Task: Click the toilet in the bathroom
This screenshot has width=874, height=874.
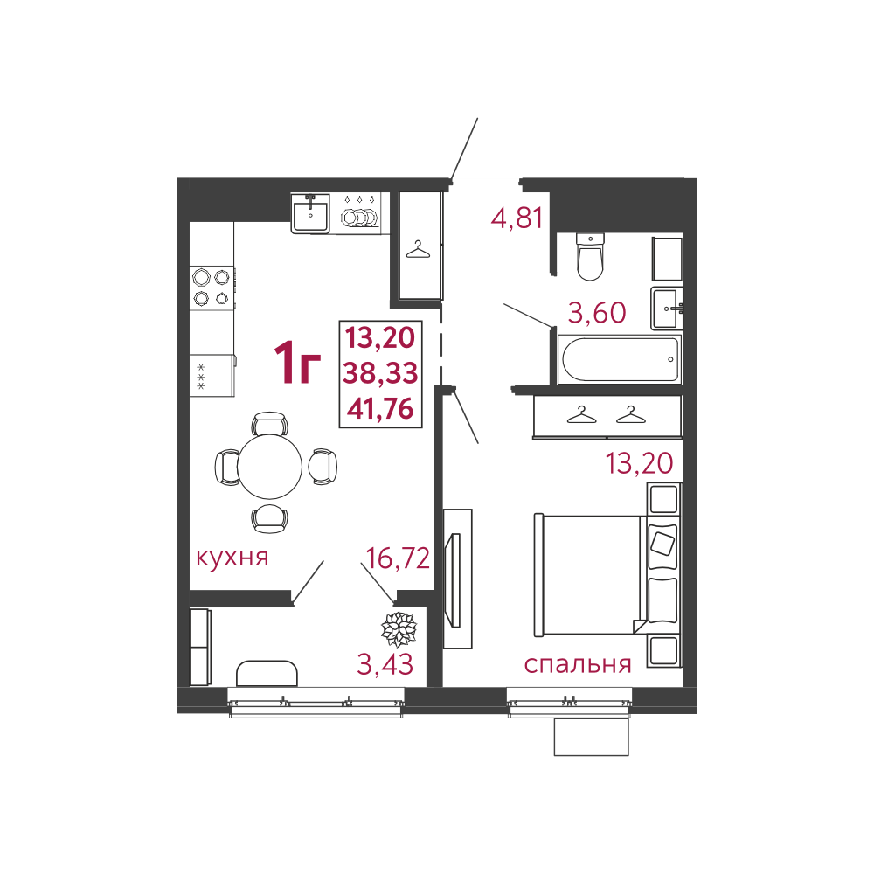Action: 589,256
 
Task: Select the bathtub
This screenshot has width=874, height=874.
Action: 620,359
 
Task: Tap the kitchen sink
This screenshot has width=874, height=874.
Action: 310,212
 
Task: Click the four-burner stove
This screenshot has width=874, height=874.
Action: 212,288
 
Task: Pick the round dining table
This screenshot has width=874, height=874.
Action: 270,466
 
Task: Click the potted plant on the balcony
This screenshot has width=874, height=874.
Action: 399,628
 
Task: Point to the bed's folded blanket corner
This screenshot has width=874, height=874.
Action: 640,626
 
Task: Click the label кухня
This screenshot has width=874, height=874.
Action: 232,557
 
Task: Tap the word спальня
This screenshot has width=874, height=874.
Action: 578,664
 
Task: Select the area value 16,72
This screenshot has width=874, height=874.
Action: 398,558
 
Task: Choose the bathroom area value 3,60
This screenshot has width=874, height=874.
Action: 597,313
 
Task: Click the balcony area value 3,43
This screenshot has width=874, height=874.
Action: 385,664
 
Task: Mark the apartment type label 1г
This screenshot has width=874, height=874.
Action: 298,363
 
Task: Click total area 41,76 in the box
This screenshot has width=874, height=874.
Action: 380,409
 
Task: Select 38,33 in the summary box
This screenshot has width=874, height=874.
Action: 380,373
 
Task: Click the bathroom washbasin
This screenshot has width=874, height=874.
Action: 665,309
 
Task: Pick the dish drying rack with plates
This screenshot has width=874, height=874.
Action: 357,212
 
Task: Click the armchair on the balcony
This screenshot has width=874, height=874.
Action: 267,673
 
